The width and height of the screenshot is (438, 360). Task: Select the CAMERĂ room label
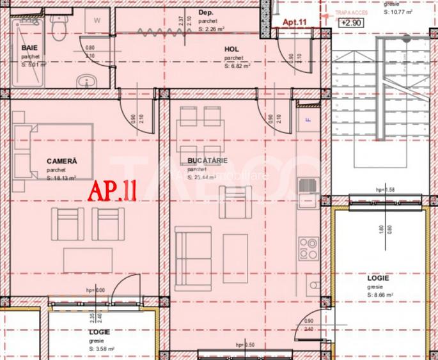point(62,161)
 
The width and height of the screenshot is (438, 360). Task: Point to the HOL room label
point(232,49)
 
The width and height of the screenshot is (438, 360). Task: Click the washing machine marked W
point(97,20)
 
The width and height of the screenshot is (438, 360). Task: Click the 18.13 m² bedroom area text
point(62,178)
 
